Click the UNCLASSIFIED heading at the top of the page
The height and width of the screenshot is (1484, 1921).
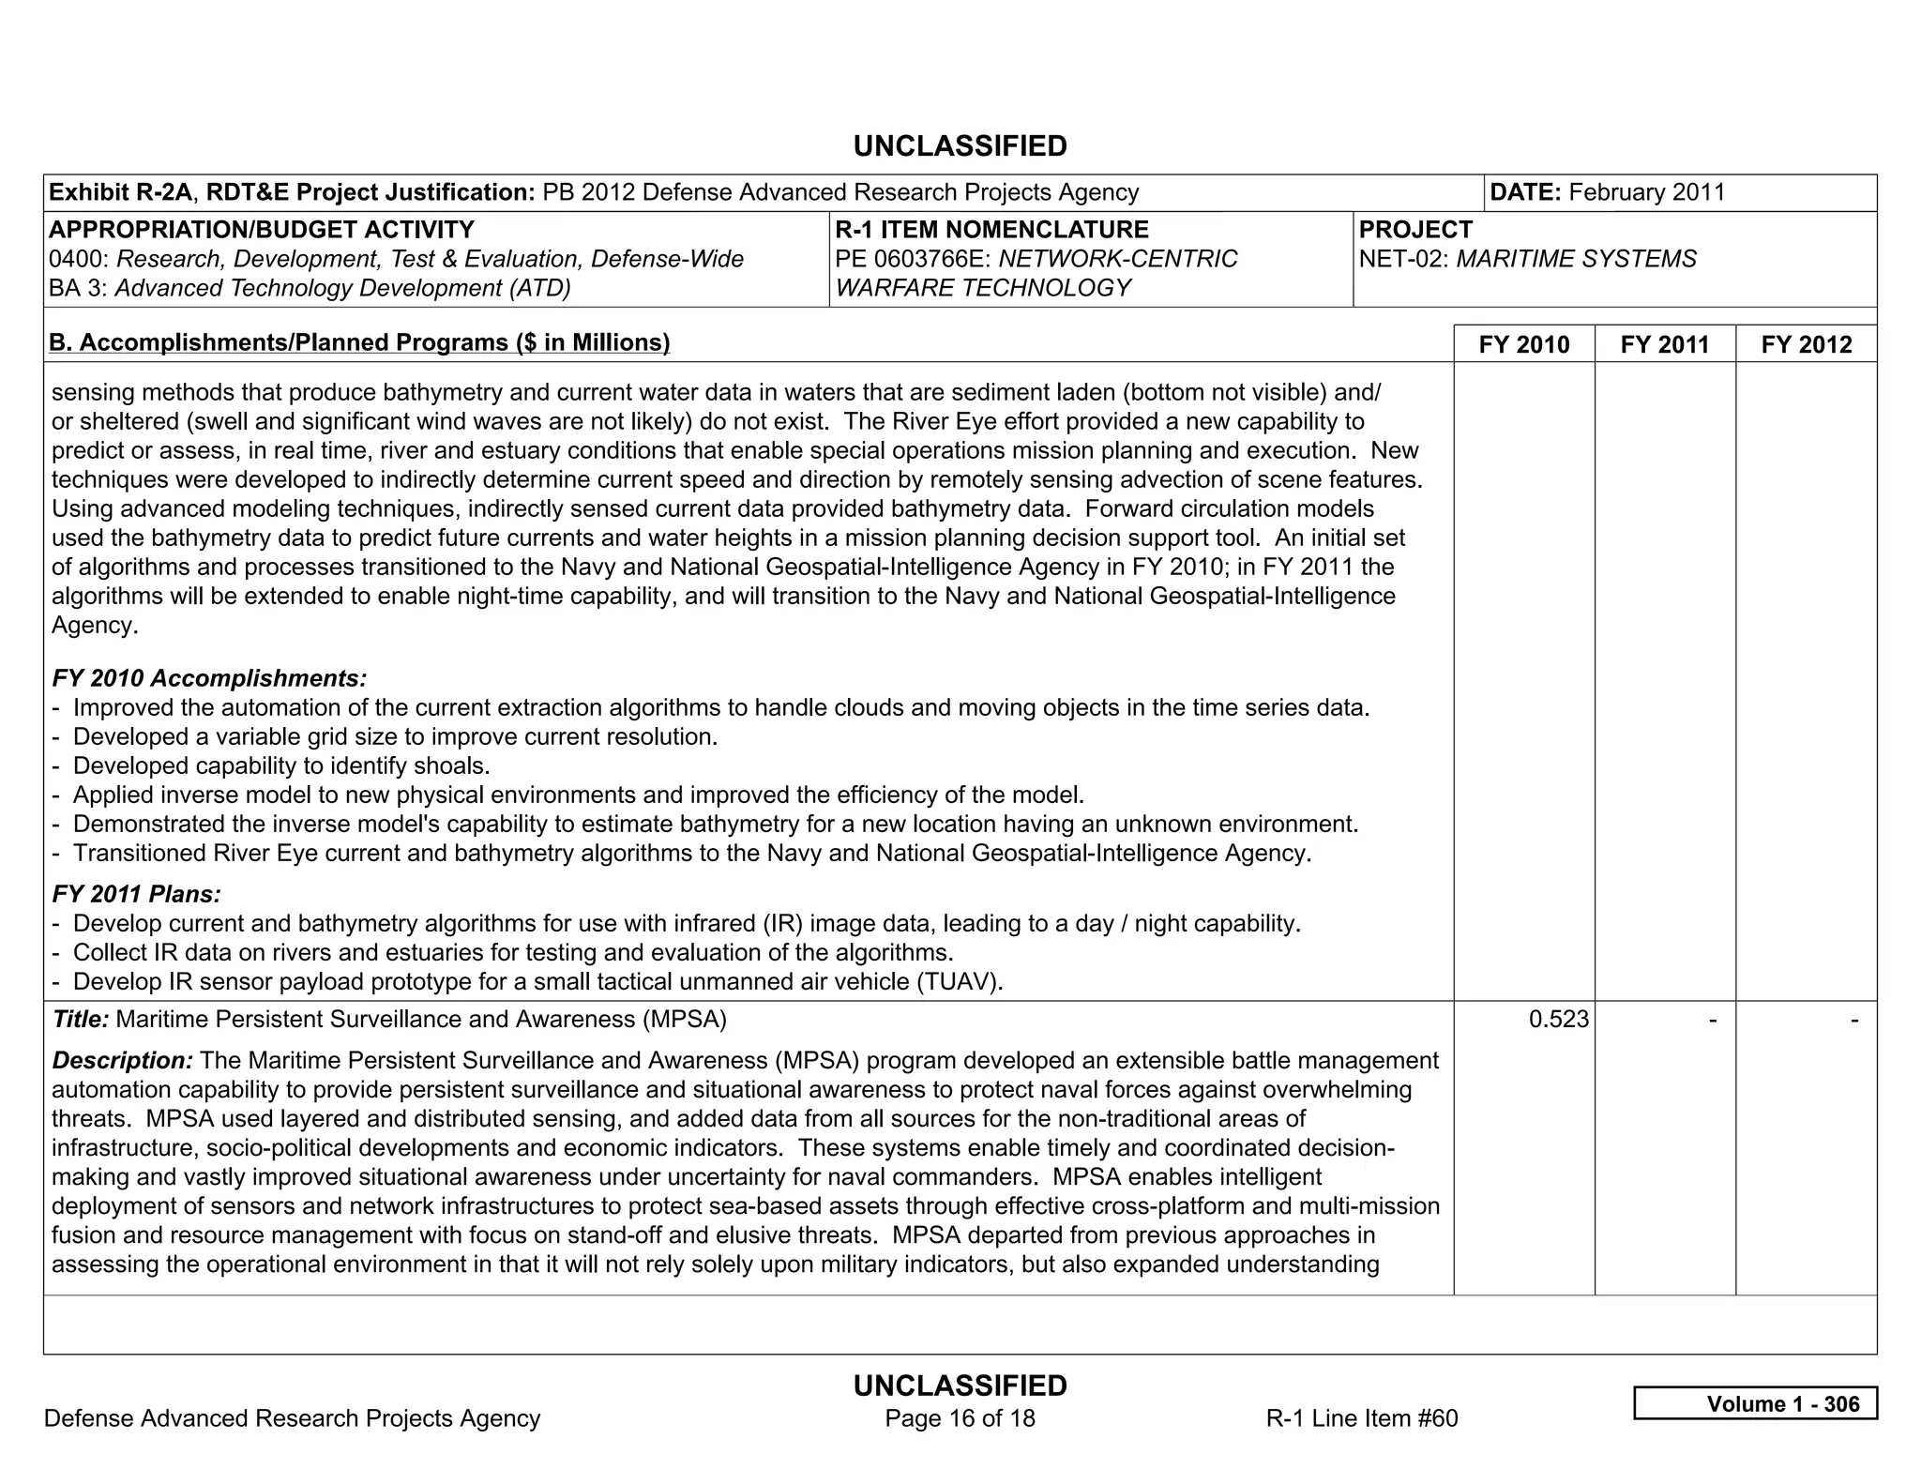960,146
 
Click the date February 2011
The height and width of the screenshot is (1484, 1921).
1646,192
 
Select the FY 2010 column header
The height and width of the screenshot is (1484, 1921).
1523,344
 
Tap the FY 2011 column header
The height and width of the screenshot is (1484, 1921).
1664,344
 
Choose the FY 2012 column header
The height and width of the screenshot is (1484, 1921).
1806,344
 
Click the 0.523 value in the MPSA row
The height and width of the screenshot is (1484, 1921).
1558,1019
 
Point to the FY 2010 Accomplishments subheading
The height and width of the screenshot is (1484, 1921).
209,677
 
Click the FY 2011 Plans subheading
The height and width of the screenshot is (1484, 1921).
137,894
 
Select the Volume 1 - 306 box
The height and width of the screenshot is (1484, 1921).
1755,1403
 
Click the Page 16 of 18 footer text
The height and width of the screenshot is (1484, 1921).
960,1417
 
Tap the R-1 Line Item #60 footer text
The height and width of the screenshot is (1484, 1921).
1361,1417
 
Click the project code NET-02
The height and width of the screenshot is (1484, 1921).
1403,259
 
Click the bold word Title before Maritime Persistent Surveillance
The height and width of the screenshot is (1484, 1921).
81,1019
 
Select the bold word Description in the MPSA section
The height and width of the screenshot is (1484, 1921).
122,1060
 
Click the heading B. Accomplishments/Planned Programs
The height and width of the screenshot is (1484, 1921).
359,342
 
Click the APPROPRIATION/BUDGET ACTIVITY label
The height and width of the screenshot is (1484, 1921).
261,230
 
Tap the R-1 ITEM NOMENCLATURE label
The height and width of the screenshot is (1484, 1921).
991,230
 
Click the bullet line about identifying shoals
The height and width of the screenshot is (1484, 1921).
281,765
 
